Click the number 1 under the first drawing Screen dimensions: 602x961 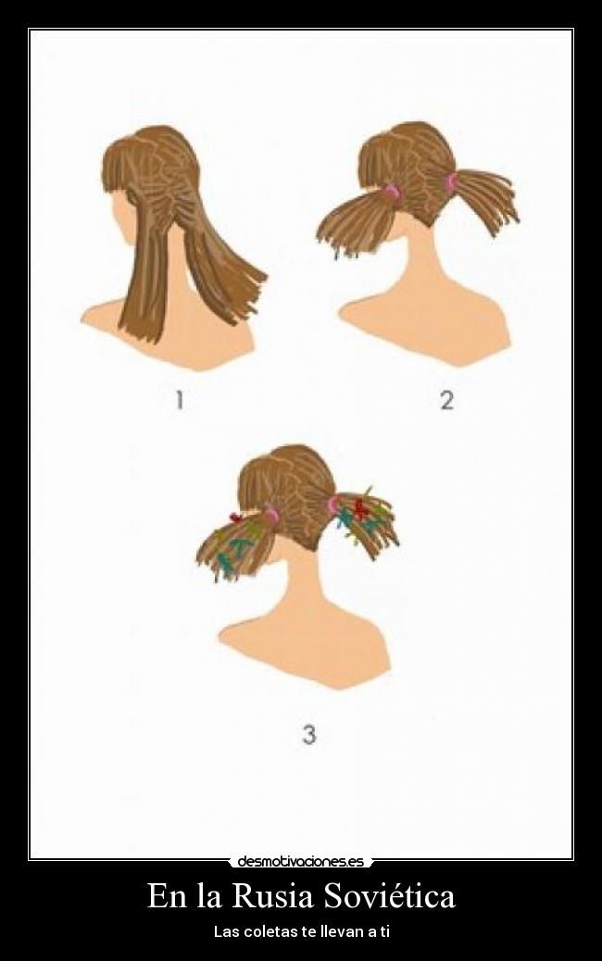coord(179,401)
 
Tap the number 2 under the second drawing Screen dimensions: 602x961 coord(447,401)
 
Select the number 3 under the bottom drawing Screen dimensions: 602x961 coord(309,733)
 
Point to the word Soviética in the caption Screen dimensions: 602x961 coord(389,896)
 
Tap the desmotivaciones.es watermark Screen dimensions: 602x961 coord(300,862)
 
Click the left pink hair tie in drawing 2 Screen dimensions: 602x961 coord(391,192)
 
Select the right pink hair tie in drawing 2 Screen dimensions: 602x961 coord(451,183)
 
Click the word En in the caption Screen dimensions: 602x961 coord(168,896)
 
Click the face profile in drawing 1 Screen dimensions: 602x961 coord(122,215)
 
